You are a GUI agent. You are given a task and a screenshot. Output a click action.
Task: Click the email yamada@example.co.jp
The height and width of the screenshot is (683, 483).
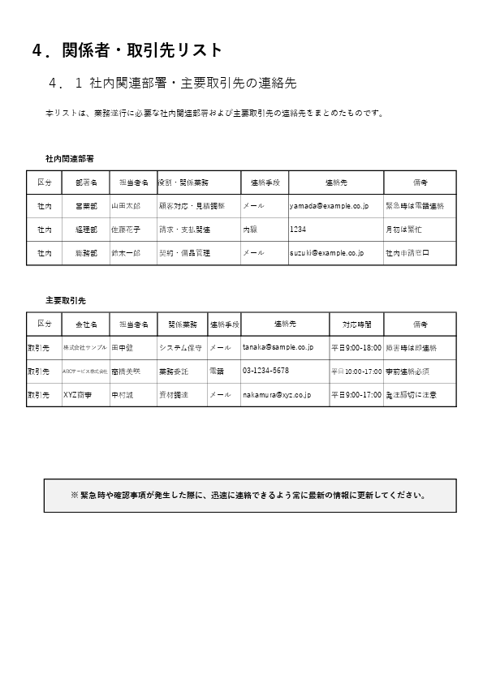[x=329, y=206]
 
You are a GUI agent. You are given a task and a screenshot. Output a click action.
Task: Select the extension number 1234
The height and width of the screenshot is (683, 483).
[x=298, y=230]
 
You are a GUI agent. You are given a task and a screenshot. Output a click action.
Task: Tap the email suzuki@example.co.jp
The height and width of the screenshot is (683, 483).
[x=326, y=253]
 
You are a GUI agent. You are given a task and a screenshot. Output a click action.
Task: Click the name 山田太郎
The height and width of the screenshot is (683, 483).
[x=126, y=206]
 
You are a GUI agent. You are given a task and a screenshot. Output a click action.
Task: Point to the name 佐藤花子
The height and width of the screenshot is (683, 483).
[x=126, y=230]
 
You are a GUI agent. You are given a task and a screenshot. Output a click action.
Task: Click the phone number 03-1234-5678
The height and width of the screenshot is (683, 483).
[x=265, y=371]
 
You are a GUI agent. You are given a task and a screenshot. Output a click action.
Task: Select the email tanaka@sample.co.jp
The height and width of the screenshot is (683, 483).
[x=278, y=347]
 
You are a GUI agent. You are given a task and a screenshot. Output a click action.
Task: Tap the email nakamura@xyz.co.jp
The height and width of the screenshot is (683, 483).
[x=277, y=394]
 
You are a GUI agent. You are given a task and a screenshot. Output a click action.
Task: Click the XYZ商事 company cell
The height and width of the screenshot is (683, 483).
[x=78, y=394]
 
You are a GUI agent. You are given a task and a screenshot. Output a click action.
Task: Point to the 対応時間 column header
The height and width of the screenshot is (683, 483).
[x=356, y=324]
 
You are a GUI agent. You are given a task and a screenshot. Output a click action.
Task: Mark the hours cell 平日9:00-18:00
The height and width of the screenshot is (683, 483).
[x=356, y=347]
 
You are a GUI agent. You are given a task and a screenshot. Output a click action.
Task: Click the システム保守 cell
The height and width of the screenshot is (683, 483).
[x=180, y=347]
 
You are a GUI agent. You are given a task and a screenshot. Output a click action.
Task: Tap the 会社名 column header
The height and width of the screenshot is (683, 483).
[x=85, y=324]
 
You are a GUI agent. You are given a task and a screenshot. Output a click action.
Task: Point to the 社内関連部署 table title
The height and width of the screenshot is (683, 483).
[x=69, y=158]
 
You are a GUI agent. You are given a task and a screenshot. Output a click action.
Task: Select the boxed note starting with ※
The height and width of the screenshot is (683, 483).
[x=248, y=495]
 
